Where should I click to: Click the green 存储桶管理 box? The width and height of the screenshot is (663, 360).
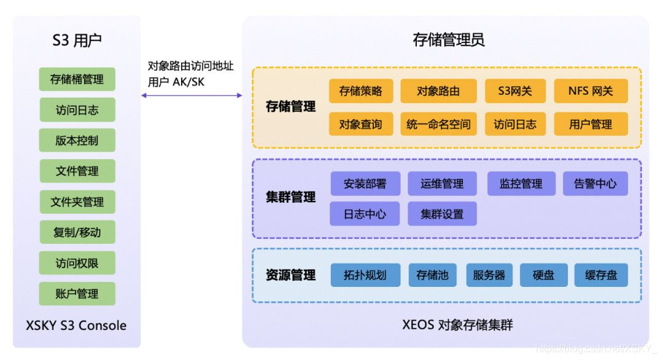77,79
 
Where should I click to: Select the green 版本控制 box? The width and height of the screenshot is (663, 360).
77,140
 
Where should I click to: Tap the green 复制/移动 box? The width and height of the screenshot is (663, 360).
77,232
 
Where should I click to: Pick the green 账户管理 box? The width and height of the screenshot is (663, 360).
77,294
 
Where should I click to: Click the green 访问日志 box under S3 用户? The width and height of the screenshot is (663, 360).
77,110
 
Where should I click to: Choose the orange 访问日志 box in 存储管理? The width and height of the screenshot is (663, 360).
515,124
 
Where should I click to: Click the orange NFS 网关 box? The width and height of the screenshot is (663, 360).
591,91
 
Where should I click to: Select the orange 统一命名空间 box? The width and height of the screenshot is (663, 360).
438,124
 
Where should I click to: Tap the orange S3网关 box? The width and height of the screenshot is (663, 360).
515,91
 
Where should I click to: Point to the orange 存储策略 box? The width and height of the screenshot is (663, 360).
360,91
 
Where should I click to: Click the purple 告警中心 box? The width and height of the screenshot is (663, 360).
595,183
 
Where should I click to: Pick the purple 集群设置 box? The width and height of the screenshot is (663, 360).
442,214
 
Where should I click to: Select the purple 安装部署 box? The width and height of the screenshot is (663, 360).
365,183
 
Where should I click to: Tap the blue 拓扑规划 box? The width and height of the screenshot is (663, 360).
365,275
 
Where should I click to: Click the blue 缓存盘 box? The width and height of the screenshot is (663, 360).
601,275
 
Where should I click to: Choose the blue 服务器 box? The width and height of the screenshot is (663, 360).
489,275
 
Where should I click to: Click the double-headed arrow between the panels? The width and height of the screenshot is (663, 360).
192,95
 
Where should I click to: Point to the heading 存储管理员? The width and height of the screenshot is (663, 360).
448,41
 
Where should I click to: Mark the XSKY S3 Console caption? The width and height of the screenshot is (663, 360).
77,325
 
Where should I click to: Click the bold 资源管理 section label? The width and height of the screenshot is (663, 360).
291,275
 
